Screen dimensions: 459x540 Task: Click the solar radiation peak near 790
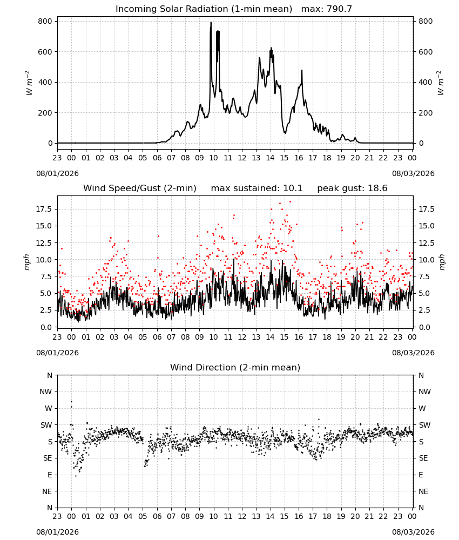(x=211, y=23)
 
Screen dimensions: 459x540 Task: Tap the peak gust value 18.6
(x=379, y=188)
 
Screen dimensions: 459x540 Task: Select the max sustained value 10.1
(x=293, y=188)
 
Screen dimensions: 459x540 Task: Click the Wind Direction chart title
(x=235, y=367)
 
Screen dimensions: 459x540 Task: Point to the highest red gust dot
(x=291, y=201)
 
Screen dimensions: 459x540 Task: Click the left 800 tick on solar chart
(x=45, y=22)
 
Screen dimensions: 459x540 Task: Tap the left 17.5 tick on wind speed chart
(x=44, y=210)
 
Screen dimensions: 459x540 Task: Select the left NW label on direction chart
(x=46, y=391)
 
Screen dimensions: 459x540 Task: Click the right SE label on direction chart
(x=423, y=458)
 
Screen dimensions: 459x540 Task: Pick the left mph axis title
(x=27, y=262)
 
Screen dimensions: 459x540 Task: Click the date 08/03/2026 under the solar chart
(x=413, y=173)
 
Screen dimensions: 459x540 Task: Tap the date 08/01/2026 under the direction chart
(x=57, y=532)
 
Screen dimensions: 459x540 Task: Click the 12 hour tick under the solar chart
(x=242, y=158)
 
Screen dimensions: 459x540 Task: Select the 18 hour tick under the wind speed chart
(x=327, y=337)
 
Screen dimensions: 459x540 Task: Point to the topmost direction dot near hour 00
(x=72, y=401)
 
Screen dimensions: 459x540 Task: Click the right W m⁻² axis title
(x=441, y=83)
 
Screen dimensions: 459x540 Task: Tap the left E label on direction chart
(x=50, y=475)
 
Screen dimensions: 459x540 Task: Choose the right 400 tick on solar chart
(x=426, y=82)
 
